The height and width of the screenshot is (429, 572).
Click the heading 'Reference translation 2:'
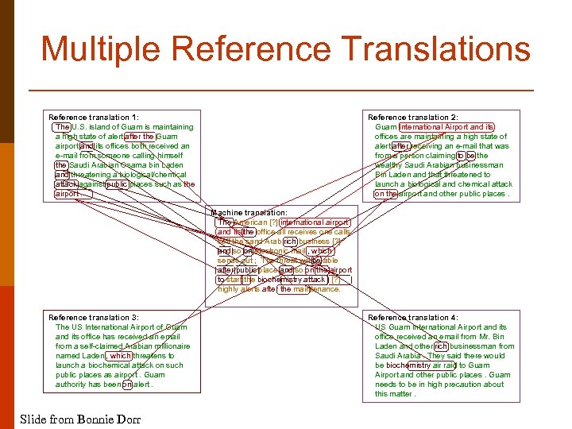point(413,117)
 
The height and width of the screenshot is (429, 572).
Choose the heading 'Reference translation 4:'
point(413,317)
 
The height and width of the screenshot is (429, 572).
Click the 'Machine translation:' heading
point(249,213)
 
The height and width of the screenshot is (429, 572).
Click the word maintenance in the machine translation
point(316,289)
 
